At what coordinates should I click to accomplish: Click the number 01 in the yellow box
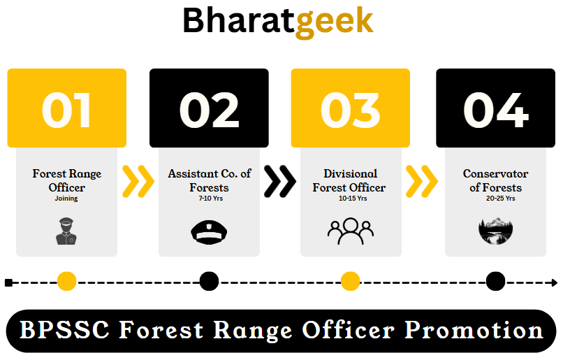point(66,110)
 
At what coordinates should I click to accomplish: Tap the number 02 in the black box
point(209,110)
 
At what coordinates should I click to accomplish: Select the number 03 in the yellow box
point(350,110)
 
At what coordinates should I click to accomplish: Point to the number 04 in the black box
point(495,110)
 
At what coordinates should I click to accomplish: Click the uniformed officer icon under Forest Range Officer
point(66,231)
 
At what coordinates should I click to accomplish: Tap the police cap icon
point(209,232)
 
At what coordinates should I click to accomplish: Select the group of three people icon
point(351,231)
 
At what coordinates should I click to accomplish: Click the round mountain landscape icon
point(495,231)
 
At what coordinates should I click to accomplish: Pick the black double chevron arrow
point(280,182)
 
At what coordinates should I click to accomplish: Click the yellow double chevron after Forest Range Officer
point(138,182)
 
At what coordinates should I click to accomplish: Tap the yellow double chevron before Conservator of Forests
point(422,182)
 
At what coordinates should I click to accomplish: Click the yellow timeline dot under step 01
point(67,281)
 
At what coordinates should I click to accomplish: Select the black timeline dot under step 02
point(209,281)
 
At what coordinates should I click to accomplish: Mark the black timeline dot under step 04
point(495,281)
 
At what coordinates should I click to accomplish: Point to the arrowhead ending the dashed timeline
point(555,282)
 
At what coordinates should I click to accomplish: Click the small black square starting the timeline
point(8,282)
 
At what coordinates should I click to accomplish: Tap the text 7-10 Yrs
point(211,199)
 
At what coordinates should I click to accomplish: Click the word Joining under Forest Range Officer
point(66,199)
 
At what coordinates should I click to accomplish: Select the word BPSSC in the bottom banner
point(64,330)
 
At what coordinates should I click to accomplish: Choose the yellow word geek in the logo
point(335,22)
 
